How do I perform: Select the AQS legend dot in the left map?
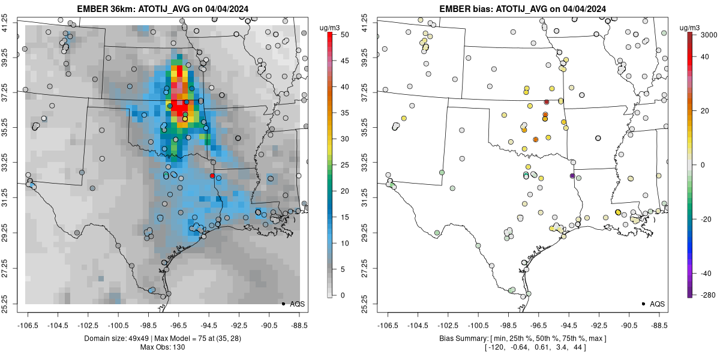283,304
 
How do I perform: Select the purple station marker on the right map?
572,176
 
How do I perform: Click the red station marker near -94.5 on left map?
212,176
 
